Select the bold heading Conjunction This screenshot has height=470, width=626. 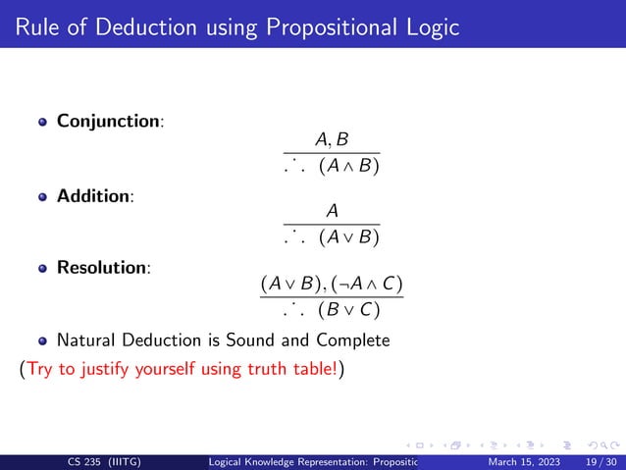tap(108, 122)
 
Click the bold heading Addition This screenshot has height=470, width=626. tap(94, 195)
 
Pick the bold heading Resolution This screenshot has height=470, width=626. tap(102, 267)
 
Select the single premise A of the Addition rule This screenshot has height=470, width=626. tap(332, 211)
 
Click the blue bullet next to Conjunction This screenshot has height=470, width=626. tap(42, 123)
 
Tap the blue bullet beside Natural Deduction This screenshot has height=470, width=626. tap(42, 341)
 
